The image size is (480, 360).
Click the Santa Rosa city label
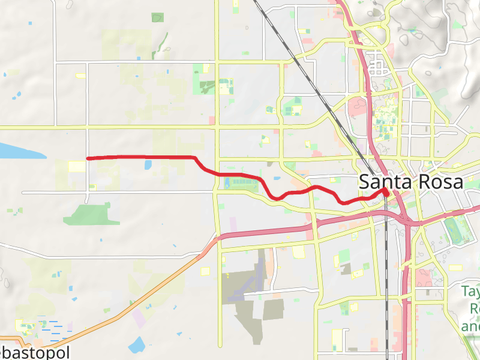(411, 182)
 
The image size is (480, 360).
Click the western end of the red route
(88, 158)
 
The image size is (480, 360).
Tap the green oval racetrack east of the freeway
(454, 229)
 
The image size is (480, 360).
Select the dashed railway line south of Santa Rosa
(386, 270)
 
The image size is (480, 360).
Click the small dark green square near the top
(157, 17)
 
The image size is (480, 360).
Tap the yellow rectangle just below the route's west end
(77, 166)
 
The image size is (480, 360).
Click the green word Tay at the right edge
(471, 292)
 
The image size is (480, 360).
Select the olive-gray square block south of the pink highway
(273, 310)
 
